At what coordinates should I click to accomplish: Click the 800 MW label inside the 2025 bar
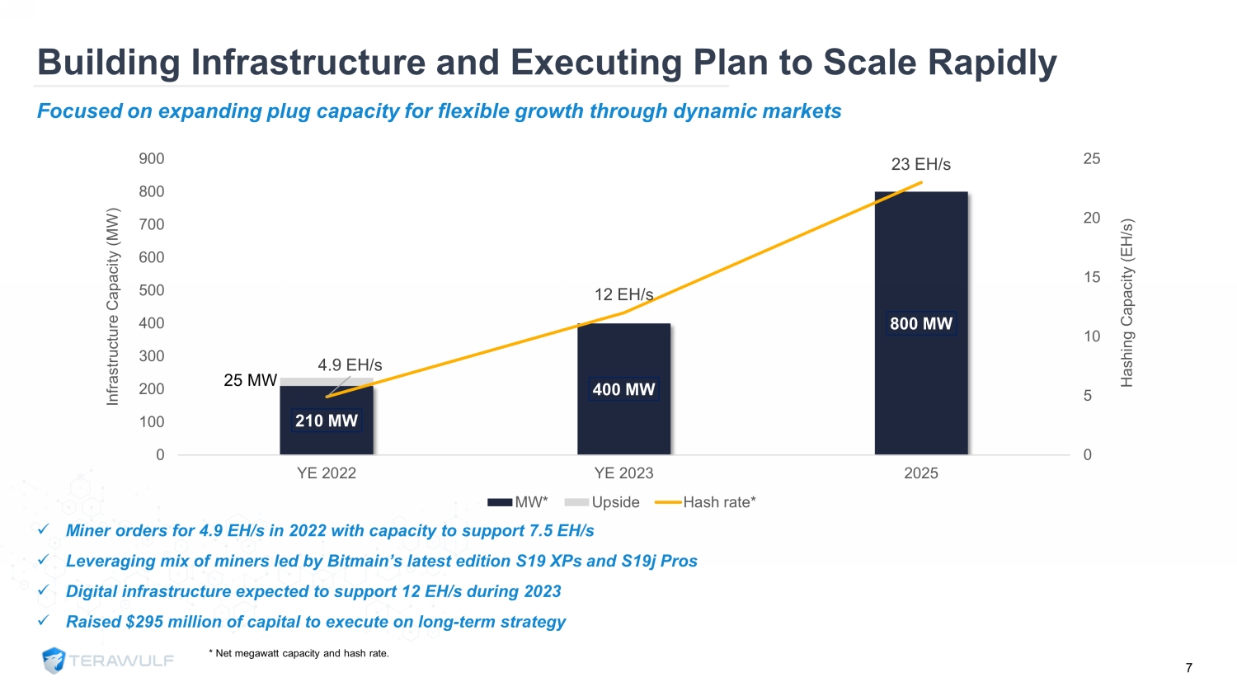click(x=920, y=324)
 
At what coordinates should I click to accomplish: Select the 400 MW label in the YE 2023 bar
click(x=623, y=389)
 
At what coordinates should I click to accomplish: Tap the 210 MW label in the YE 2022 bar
click(x=327, y=421)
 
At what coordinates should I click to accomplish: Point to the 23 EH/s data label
click(x=920, y=165)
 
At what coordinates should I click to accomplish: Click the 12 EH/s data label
click(x=623, y=294)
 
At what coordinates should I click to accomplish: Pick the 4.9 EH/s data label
click(x=350, y=364)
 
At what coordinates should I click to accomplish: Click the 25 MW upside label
click(x=250, y=380)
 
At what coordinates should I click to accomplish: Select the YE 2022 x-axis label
click(x=327, y=473)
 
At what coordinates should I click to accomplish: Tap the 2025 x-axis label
click(x=920, y=473)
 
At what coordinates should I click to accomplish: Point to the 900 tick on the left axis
click(x=152, y=158)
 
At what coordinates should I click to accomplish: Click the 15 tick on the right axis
click(x=1092, y=277)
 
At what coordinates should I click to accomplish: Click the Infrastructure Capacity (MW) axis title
click(x=113, y=307)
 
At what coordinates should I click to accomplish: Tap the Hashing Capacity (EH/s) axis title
click(x=1126, y=303)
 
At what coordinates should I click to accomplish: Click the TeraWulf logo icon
click(x=54, y=661)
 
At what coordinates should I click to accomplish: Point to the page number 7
click(x=1188, y=668)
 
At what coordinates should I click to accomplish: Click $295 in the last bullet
click(x=144, y=622)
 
